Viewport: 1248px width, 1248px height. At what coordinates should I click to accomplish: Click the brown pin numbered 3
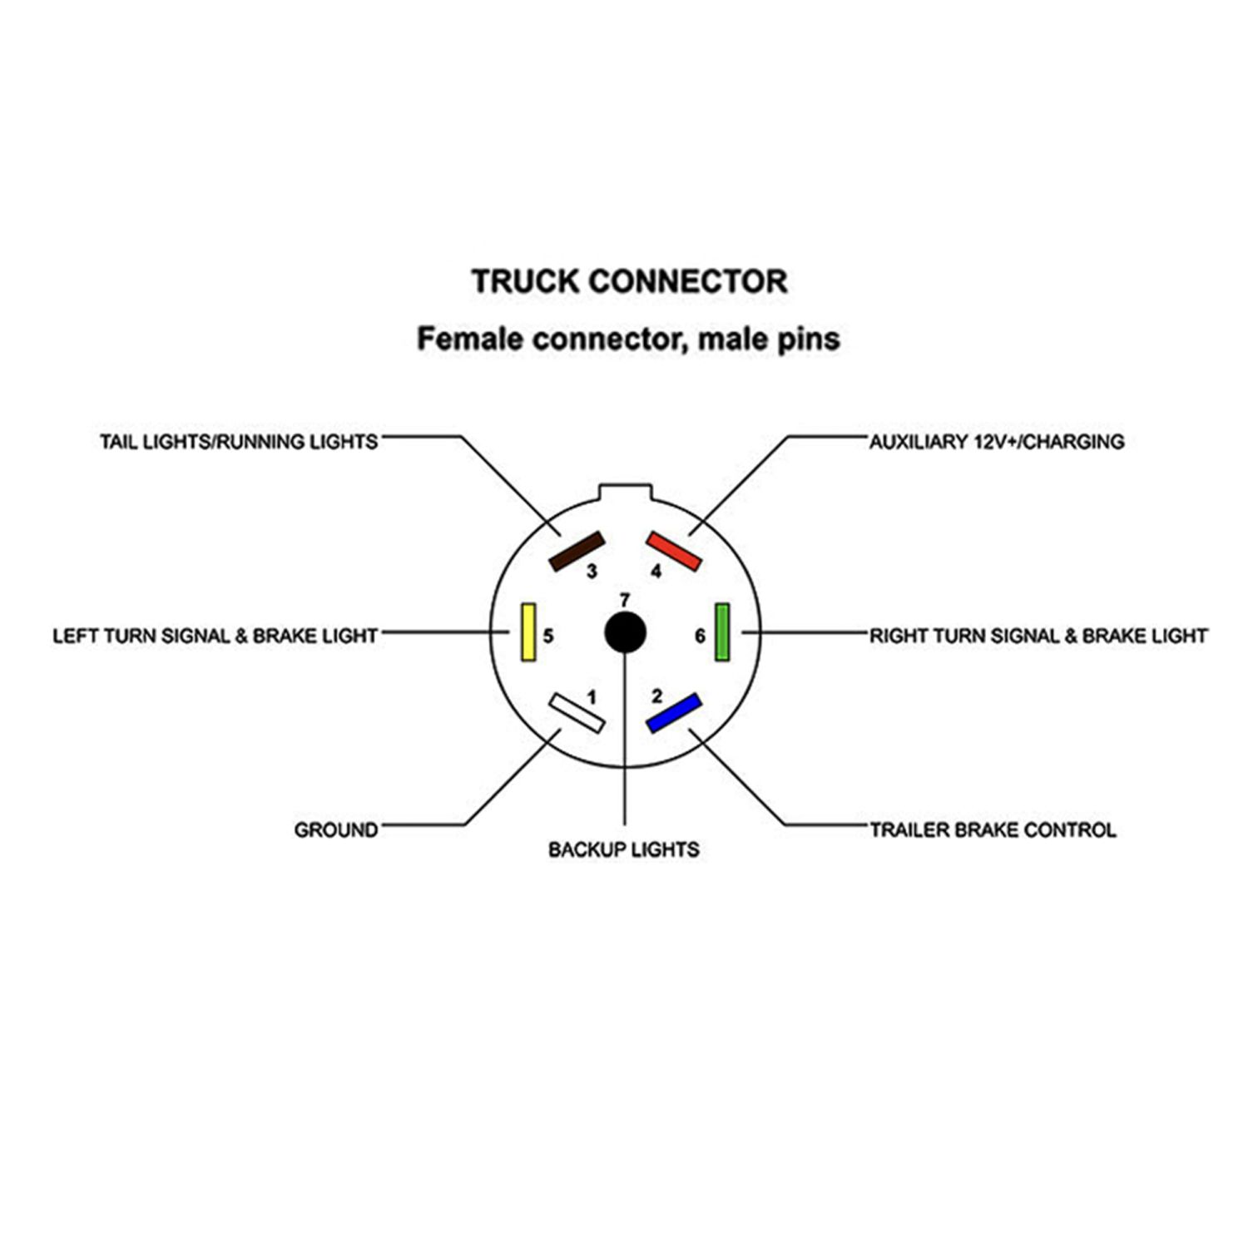point(577,552)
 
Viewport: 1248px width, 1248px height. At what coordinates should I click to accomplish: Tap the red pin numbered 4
point(674,551)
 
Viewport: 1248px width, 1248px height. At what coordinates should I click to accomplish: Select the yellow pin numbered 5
point(527,632)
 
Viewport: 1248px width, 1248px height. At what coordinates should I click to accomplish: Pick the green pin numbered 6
point(722,632)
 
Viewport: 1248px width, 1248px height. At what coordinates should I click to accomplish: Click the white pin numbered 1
point(576,713)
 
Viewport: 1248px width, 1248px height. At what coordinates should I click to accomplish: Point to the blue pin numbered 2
point(674,713)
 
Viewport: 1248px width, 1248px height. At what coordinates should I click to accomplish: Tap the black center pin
point(625,633)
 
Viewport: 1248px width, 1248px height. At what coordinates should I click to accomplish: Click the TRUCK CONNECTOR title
point(629,281)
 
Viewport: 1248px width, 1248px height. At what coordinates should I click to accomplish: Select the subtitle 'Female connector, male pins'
point(628,339)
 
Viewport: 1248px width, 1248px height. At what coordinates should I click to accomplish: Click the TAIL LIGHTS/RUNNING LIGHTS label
point(239,442)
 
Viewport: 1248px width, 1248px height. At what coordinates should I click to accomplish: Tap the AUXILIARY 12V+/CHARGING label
point(997,442)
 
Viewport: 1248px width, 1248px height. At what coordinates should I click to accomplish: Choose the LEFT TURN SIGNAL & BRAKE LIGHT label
point(215,636)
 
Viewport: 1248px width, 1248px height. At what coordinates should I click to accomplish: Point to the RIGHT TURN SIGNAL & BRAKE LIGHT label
point(1038,636)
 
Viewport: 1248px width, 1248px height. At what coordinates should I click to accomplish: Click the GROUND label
point(336,830)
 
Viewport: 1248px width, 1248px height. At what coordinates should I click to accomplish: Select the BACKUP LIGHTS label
point(624,849)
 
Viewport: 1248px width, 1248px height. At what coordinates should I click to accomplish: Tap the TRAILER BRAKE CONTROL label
point(993,830)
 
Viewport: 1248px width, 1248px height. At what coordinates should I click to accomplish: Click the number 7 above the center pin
point(625,600)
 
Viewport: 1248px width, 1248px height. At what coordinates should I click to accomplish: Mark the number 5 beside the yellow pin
point(548,636)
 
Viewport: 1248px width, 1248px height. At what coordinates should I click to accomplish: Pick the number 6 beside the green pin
point(700,636)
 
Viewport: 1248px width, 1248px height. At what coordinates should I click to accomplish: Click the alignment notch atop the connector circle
point(625,488)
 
